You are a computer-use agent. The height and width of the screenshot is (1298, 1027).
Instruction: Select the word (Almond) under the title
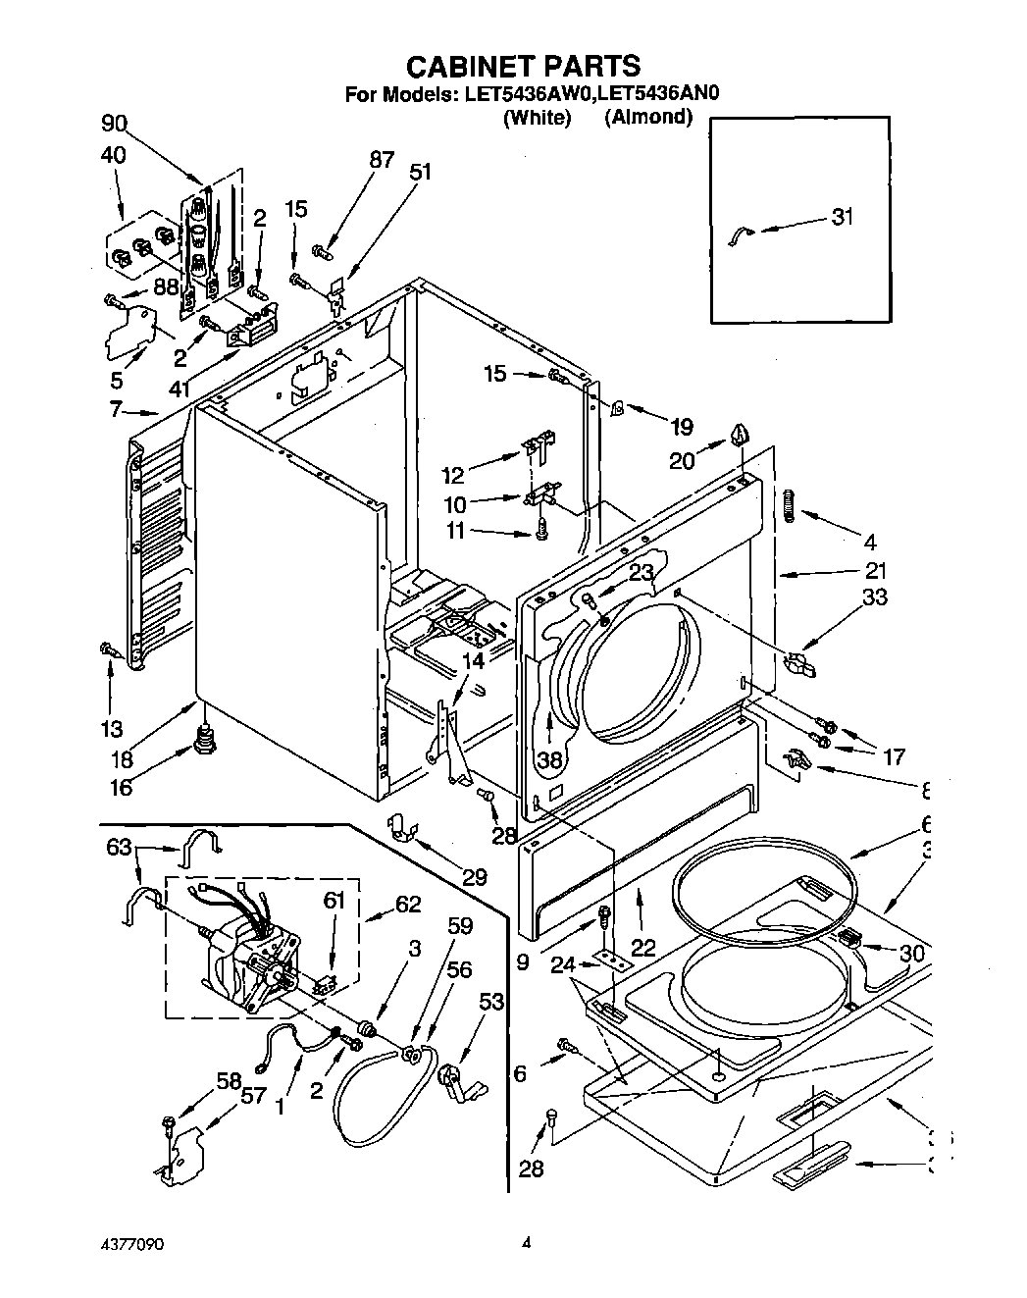click(x=648, y=118)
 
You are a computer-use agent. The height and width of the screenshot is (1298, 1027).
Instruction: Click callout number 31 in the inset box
click(x=841, y=217)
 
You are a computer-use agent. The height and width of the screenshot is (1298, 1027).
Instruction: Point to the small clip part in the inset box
click(x=741, y=233)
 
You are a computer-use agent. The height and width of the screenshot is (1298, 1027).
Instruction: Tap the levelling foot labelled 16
click(x=205, y=737)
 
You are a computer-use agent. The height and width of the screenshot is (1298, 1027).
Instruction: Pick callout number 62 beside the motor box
click(x=407, y=904)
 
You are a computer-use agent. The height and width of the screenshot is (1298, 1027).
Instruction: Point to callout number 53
click(x=492, y=1002)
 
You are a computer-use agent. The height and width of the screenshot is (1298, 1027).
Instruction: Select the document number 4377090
click(x=122, y=1243)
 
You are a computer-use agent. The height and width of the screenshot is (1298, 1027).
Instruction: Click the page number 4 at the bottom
click(x=526, y=1242)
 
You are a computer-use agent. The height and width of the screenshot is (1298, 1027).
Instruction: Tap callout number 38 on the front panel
click(x=550, y=758)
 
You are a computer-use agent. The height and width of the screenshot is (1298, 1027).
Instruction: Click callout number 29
click(x=475, y=877)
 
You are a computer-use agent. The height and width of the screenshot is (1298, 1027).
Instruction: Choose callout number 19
click(x=681, y=426)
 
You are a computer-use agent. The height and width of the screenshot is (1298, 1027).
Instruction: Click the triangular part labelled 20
click(x=740, y=434)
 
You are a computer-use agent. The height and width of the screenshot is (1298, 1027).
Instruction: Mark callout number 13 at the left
click(x=111, y=728)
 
